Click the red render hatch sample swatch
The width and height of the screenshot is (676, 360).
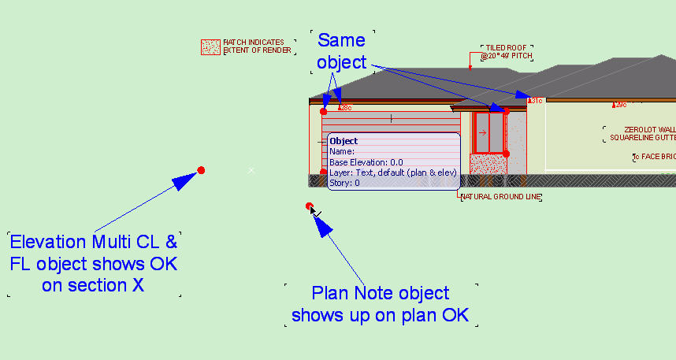click(x=210, y=47)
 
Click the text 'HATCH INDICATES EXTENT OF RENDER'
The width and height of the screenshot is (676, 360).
click(x=258, y=46)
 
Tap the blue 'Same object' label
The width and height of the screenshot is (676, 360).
click(x=343, y=49)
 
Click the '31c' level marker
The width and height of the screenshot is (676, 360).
click(x=536, y=101)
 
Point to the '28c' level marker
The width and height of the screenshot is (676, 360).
click(x=345, y=107)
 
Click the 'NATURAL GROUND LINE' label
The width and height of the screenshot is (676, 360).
click(x=500, y=197)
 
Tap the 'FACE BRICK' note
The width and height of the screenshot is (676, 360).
click(x=656, y=157)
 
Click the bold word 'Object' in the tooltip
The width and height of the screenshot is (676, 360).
click(x=344, y=141)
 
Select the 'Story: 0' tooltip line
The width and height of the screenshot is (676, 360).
click(x=344, y=183)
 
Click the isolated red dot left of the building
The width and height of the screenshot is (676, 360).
click(x=201, y=170)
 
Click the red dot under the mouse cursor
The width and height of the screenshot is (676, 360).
click(x=310, y=206)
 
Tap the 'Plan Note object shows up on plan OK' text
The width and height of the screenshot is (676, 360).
click(x=381, y=304)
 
